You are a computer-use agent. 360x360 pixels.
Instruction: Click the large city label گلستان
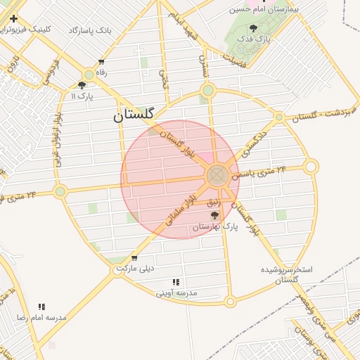pos(137,116)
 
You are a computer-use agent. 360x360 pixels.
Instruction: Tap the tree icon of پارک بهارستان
pos(214,215)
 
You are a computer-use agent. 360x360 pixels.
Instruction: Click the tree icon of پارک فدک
pos(254,28)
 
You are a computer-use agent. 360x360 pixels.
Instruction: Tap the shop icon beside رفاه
pos(102,62)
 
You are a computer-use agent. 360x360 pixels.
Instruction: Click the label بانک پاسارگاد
pos(91,30)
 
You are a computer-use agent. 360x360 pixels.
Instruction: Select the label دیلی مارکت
pos(135,269)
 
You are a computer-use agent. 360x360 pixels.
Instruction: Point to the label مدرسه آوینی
pos(176,292)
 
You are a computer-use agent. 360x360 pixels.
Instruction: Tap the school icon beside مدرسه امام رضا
pos(41,307)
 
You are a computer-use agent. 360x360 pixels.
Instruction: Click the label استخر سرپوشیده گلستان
pos(287,274)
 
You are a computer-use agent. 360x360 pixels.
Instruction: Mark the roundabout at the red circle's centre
pos(217,174)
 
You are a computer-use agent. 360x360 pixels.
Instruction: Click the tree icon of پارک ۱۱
pos(82,84)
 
